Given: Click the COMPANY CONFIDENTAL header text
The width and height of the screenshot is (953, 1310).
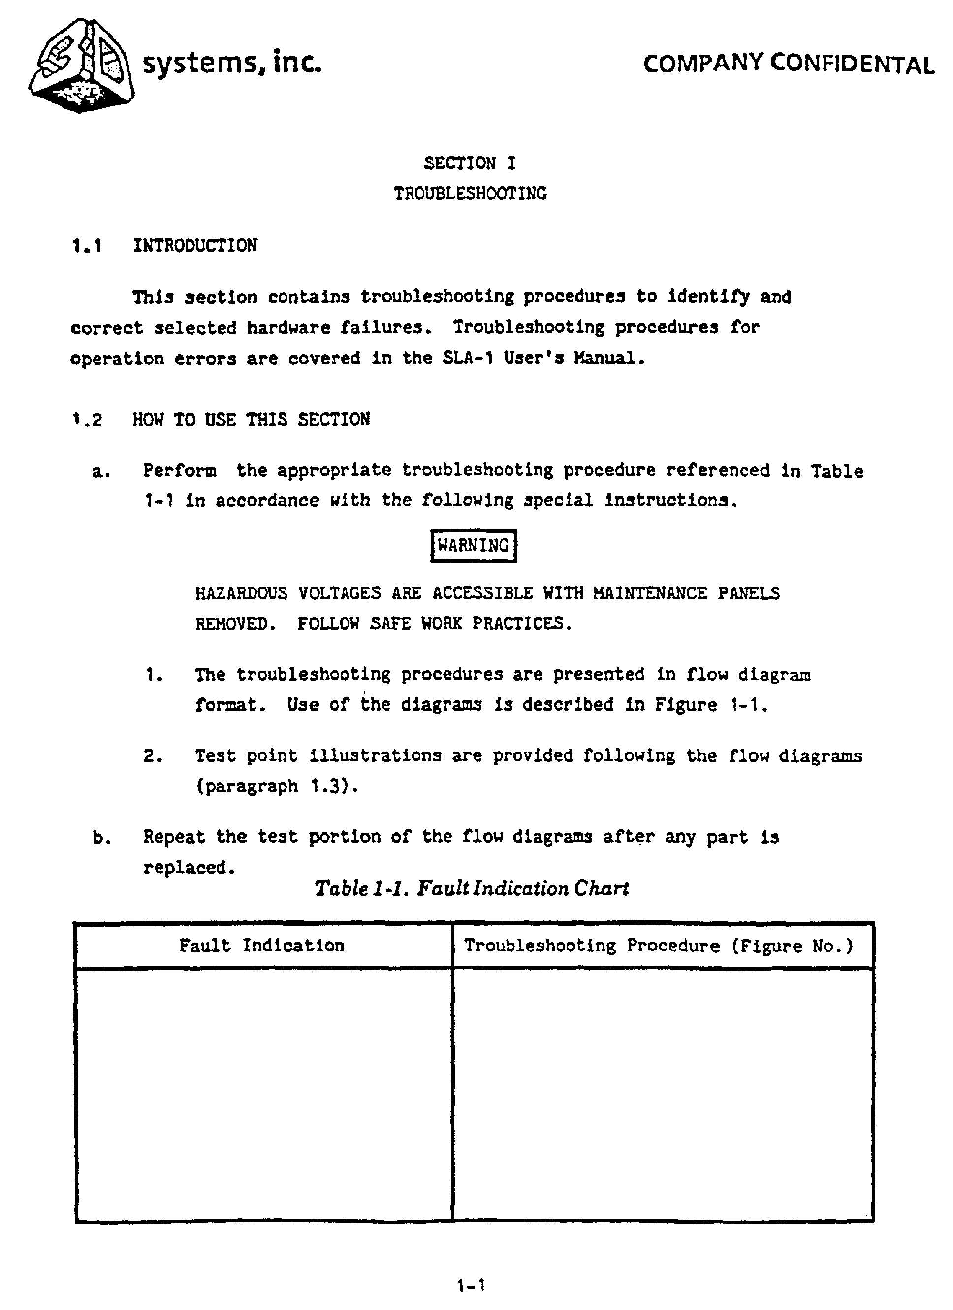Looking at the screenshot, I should (788, 64).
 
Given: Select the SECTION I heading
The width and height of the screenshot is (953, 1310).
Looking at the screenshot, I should (469, 164).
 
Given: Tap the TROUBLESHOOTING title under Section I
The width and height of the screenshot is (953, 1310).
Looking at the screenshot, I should (470, 194).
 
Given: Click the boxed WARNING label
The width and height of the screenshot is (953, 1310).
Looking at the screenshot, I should (474, 546).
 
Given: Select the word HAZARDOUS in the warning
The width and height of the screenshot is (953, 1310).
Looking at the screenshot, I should (241, 594).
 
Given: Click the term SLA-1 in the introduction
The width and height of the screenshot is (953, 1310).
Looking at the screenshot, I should (468, 359).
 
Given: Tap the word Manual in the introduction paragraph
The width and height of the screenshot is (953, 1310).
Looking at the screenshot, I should (608, 359).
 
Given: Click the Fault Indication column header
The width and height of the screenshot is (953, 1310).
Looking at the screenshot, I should (261, 946).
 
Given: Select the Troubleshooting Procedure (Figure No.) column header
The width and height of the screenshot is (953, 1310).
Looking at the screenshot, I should (659, 946).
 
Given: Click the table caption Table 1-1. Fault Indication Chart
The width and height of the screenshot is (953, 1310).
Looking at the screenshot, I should (472, 888).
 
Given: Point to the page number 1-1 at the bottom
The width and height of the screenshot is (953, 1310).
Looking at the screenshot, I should (471, 1286).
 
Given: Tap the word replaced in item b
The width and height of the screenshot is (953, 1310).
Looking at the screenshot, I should (189, 868).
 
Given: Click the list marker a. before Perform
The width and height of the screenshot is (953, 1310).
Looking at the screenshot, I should (101, 472).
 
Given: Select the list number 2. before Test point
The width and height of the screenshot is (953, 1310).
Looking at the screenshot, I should (153, 756).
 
